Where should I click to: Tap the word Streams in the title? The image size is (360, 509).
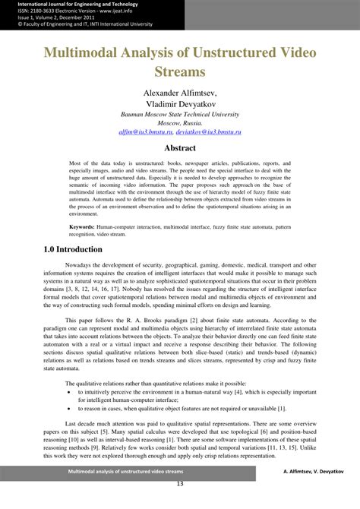tap(179, 74)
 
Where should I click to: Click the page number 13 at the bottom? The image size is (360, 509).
tap(180, 504)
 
